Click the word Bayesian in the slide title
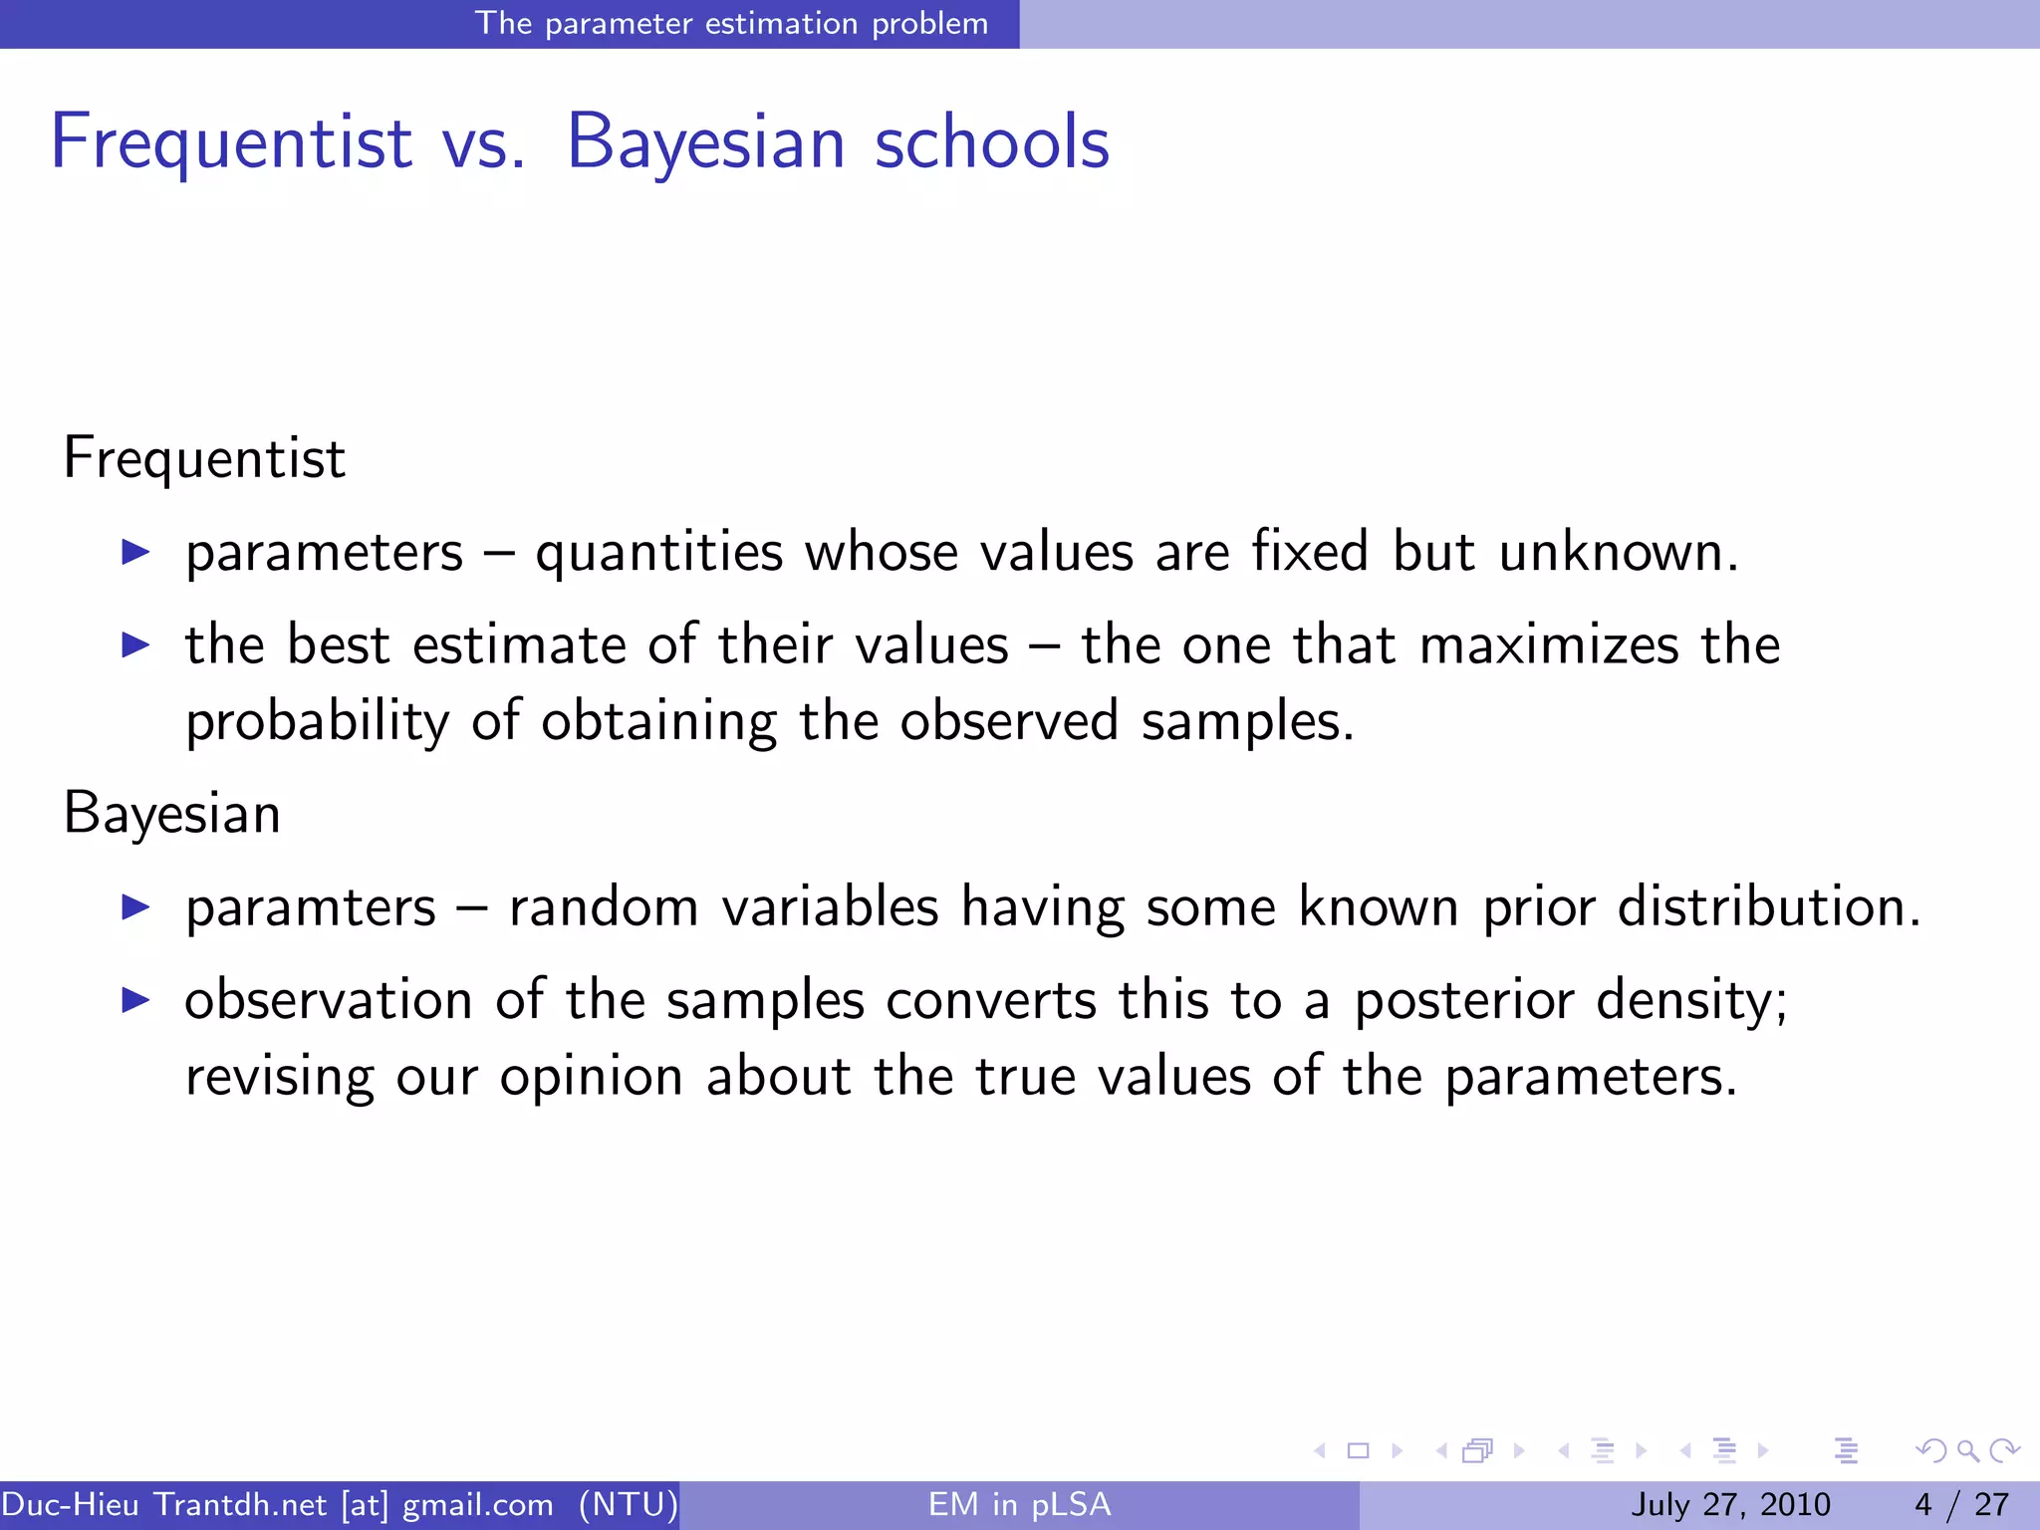pyautogui.click(x=706, y=142)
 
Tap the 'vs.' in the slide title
pyautogui.click(x=483, y=142)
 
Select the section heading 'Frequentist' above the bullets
pyautogui.click(x=204, y=459)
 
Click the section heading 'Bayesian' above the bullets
pyautogui.click(x=172, y=814)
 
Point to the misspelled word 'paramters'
pyautogui.click(x=311, y=908)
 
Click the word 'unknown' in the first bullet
pyautogui.click(x=1618, y=553)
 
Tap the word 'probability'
pyautogui.click(x=317, y=721)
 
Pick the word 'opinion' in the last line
pyautogui.click(x=591, y=1078)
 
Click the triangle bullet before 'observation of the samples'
pyautogui.click(x=135, y=1000)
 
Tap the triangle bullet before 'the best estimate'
pyautogui.click(x=135, y=645)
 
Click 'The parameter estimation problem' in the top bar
pyautogui.click(x=731, y=23)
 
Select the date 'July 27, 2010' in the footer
pyautogui.click(x=1730, y=1504)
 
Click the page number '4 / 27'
pyautogui.click(x=1961, y=1504)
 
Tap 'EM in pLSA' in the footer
pyautogui.click(x=1019, y=1504)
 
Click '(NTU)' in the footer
pyautogui.click(x=629, y=1504)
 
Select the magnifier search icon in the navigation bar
pyautogui.click(x=1967, y=1450)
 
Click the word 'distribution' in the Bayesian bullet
pyautogui.click(x=1767, y=908)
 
